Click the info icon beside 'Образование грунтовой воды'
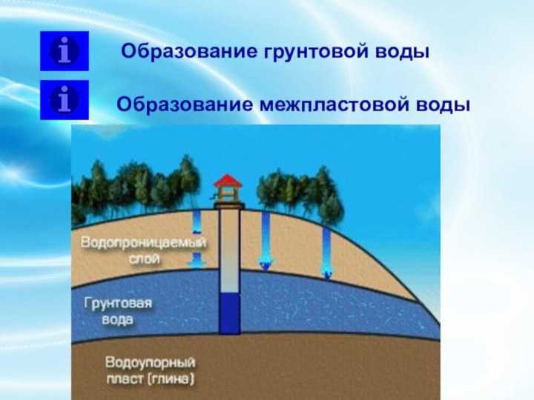point(65,51)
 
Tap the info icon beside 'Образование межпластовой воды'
point(65,100)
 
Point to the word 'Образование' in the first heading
point(189,51)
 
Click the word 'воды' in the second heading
point(443,105)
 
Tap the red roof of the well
point(228,180)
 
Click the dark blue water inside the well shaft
point(229,313)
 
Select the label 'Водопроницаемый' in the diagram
point(143,243)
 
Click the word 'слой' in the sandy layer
point(145,259)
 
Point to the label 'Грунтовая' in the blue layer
point(118,304)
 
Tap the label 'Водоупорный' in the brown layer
point(150,362)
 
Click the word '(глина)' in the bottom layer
point(171,379)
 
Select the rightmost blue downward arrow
point(327,253)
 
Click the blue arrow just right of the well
point(266,241)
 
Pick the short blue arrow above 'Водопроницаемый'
point(196,221)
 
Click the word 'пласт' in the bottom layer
point(125,379)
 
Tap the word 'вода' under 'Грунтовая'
point(117,320)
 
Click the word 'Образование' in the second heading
point(185,104)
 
